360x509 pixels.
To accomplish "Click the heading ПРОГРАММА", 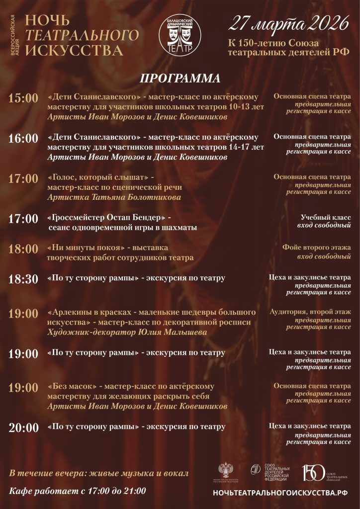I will click(x=180, y=79).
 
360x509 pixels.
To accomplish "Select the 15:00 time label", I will click(x=23, y=98).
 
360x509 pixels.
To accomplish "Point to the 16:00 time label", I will click(x=23, y=139).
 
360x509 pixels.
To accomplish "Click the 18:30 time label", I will click(x=23, y=279).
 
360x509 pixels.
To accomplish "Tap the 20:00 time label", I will click(x=23, y=428).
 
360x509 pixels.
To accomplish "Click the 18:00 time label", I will click(x=23, y=249).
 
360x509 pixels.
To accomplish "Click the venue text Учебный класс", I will click(x=326, y=217).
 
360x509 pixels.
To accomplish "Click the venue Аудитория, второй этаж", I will click(x=310, y=312).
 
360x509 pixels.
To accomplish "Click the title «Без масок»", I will click(x=70, y=386).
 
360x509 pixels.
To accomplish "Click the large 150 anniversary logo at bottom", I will click(x=314, y=473).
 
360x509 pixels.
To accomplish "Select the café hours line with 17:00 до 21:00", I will click(x=78, y=491).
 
